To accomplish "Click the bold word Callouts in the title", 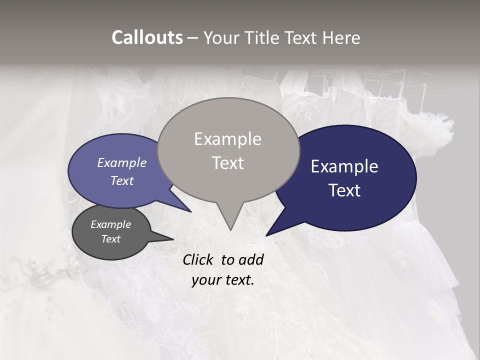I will click(147, 37).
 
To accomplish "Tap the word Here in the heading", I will click(341, 37).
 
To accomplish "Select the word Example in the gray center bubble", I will click(227, 139).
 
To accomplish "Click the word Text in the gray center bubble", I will click(227, 163).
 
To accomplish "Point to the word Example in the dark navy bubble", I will click(344, 166).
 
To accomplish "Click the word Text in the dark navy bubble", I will click(344, 190).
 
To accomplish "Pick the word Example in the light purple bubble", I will click(122, 162).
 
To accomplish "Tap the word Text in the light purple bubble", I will click(122, 180).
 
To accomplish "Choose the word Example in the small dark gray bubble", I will click(111, 224).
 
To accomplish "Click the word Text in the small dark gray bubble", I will click(111, 239).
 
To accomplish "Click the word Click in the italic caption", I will click(198, 259).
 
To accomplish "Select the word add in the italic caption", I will click(251, 259).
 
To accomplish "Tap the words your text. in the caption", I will click(223, 280).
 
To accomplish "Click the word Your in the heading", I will click(219, 37).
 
